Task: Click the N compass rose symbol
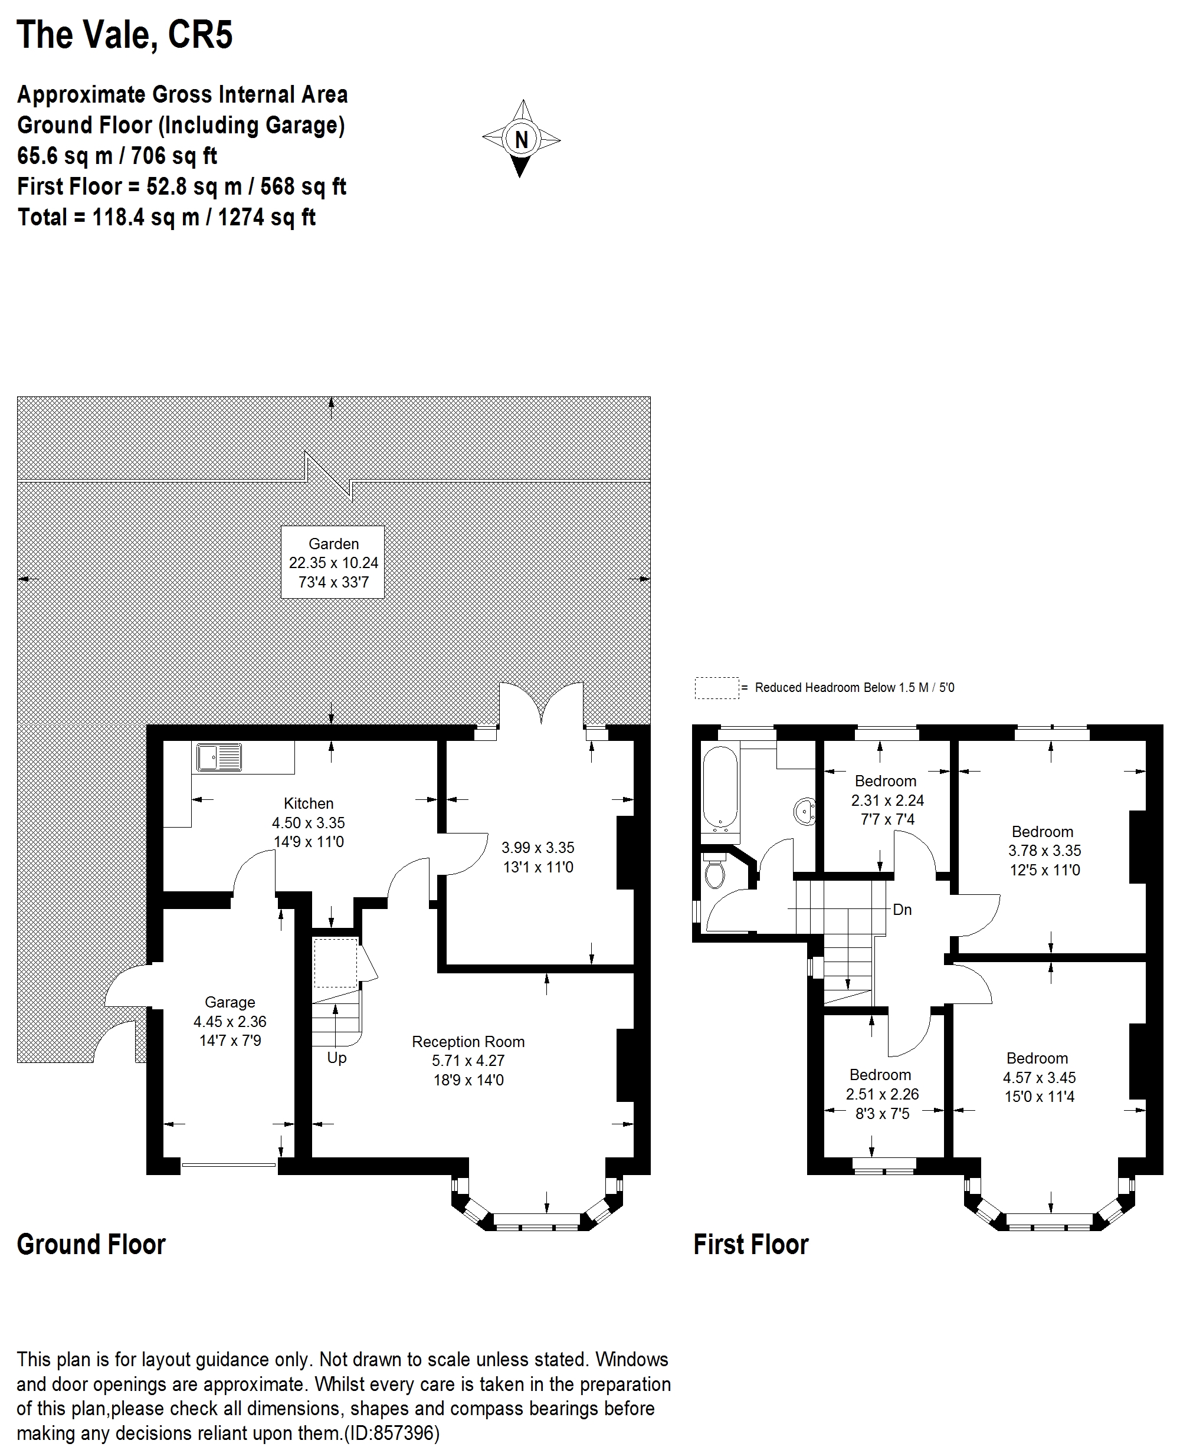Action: (522, 139)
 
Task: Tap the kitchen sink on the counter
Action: (219, 757)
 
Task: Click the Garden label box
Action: (333, 562)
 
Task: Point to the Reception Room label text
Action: (468, 1042)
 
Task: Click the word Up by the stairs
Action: (336, 1058)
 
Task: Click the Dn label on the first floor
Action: (902, 910)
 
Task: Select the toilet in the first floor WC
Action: (714, 872)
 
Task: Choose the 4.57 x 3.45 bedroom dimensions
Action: (1040, 1077)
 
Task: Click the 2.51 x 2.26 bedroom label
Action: (881, 1094)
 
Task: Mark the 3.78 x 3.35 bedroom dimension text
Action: (1044, 850)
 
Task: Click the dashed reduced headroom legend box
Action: (716, 688)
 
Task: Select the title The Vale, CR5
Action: (124, 35)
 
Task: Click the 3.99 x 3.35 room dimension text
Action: (537, 848)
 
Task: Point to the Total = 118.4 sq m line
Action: (166, 218)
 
